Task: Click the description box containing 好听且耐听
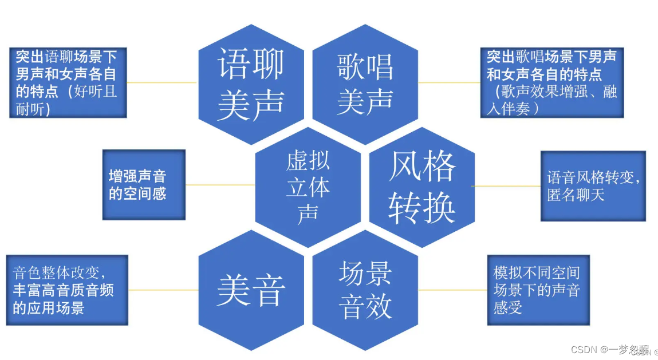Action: [x=68, y=82]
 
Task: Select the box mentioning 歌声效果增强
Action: [x=551, y=82]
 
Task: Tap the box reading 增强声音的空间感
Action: [x=143, y=185]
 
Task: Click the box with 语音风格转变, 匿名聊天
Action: [x=593, y=186]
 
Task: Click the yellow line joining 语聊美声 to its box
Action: [x=162, y=82]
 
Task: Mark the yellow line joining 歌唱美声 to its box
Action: [x=449, y=82]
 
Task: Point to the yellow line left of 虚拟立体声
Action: [x=220, y=185]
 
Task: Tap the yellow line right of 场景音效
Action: [x=452, y=290]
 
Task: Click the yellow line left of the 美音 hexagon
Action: [x=163, y=290]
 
